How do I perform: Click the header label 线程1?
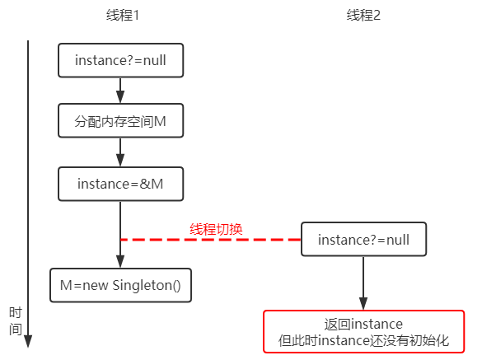(x=123, y=15)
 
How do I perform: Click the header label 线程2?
(x=363, y=15)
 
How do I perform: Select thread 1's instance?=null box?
(x=120, y=60)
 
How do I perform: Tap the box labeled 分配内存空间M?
(x=120, y=120)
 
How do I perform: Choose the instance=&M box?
(x=120, y=184)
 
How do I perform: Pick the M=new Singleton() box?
(x=120, y=285)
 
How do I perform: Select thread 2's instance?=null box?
(x=364, y=239)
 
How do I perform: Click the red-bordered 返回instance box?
(x=364, y=331)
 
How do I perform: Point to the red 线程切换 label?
(x=216, y=229)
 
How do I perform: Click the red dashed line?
(x=211, y=240)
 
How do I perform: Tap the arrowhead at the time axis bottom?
(x=28, y=342)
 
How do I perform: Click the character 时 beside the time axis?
(x=15, y=312)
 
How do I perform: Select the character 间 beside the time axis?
(x=15, y=330)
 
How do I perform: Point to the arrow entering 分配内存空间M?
(x=120, y=91)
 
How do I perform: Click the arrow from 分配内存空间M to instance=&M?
(x=120, y=152)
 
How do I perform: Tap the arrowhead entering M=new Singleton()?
(x=120, y=262)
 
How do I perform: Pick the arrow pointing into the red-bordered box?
(x=363, y=283)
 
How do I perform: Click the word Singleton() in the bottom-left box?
(x=147, y=286)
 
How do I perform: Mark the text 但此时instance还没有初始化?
(x=364, y=341)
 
